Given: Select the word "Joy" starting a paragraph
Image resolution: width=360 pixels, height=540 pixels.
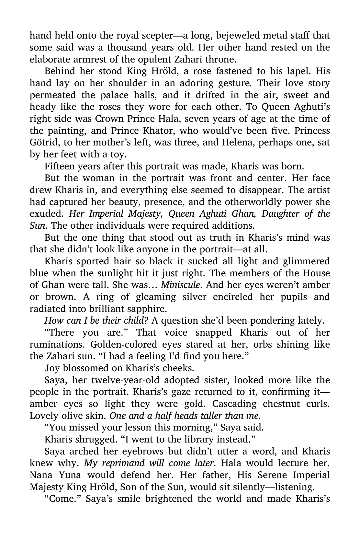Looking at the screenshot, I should [x=51, y=368].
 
